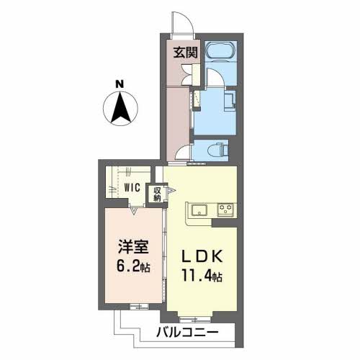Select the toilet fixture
pos(218,149)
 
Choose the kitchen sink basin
pos(199,210)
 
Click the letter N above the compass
pos(122,84)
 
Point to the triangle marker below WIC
pos(134,210)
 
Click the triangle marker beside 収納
pos(170,192)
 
